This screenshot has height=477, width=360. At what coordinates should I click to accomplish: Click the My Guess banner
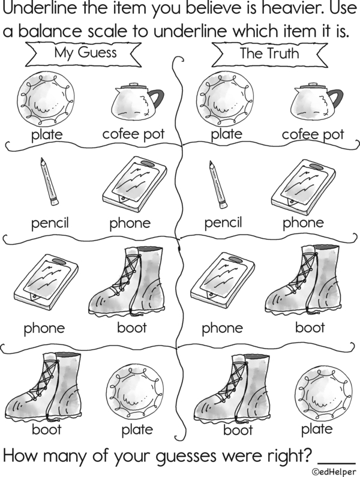(x=83, y=54)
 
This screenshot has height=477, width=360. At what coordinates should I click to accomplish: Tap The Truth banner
(x=269, y=54)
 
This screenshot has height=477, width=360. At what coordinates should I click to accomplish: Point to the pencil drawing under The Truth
(x=218, y=184)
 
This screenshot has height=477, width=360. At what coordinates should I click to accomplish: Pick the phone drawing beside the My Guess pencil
(x=134, y=184)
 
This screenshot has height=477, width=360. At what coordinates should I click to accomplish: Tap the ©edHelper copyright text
(x=334, y=472)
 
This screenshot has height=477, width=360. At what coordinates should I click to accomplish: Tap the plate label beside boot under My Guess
(x=137, y=430)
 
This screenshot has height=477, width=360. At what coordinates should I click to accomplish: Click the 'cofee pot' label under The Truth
(x=313, y=134)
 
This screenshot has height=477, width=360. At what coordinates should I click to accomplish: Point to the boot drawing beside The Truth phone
(x=302, y=280)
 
